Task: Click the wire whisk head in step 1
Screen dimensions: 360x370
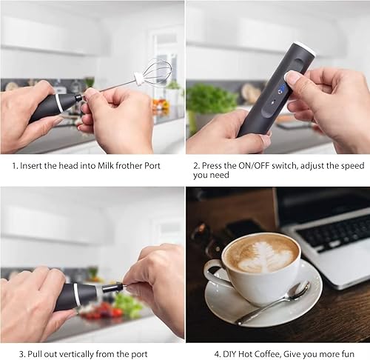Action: coord(156,73)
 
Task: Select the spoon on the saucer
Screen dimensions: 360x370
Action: coord(274,303)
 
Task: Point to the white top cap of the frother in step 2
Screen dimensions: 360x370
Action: coord(305,50)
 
